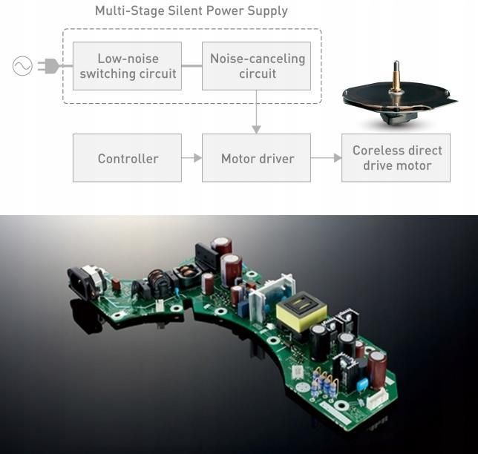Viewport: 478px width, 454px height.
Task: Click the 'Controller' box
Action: pos(127,158)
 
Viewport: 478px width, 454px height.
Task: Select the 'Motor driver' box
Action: pos(256,158)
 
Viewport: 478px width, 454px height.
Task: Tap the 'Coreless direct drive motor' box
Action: pos(396,158)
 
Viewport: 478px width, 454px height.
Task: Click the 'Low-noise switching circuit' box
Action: pos(127,66)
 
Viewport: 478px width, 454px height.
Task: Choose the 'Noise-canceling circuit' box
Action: pos(256,66)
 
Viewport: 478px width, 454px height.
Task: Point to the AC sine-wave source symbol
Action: pos(22,66)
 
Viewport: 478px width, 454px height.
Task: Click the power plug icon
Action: pos(48,66)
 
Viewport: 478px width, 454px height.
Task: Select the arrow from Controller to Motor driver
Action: pos(191,158)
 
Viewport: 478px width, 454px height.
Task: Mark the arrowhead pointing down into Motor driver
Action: pos(256,129)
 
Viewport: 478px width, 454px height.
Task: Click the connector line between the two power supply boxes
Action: pos(191,66)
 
